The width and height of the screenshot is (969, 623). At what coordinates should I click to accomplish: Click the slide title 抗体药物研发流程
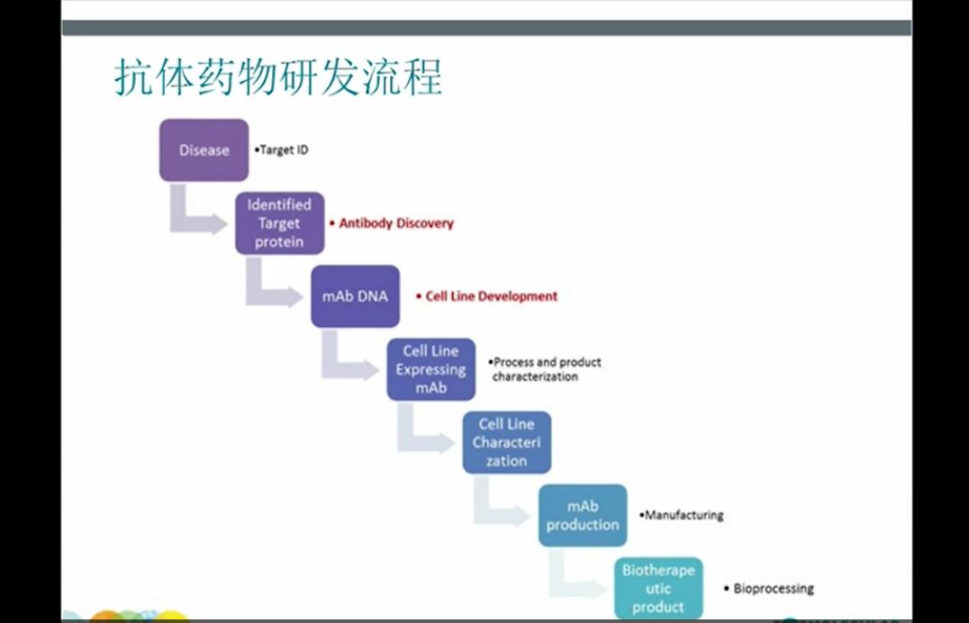[x=278, y=77]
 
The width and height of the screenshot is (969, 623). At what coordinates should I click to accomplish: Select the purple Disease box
[x=204, y=150]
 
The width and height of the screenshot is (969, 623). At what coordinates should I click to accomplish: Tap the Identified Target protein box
[x=280, y=223]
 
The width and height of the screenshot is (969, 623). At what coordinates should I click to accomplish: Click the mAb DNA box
[x=356, y=296]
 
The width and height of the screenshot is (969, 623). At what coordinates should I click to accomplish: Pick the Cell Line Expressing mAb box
[x=431, y=369]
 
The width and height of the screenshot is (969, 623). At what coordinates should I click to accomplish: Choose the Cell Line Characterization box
[x=507, y=443]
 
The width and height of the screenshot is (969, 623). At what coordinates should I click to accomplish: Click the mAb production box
[x=583, y=516]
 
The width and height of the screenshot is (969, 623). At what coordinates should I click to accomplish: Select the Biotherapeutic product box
[x=659, y=589]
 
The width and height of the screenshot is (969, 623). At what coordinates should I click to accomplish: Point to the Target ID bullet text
[x=281, y=150]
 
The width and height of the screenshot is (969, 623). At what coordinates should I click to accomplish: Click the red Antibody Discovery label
[x=391, y=223]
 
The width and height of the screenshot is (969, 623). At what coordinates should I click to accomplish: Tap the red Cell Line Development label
[x=487, y=297]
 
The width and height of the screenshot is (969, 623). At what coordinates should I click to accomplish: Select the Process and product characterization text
[x=545, y=369]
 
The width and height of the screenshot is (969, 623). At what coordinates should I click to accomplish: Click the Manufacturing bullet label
[x=681, y=515]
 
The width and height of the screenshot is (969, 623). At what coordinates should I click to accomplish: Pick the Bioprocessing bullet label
[x=769, y=589]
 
